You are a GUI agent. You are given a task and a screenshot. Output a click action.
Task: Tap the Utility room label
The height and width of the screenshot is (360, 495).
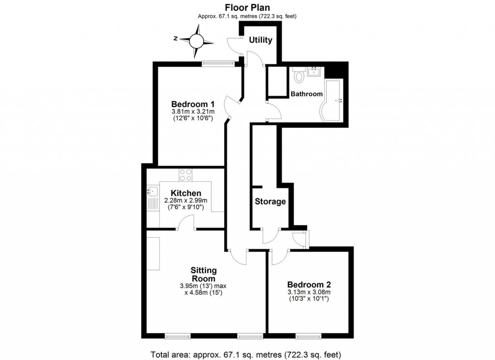point(261,40)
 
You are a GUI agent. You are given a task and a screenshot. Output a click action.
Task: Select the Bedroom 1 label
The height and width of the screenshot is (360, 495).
point(193,104)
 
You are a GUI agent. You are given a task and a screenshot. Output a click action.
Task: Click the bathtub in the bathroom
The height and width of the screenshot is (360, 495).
point(332,101)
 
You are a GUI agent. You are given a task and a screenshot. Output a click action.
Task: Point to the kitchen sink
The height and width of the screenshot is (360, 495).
point(152,193)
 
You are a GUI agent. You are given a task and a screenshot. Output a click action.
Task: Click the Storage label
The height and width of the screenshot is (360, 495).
point(270,202)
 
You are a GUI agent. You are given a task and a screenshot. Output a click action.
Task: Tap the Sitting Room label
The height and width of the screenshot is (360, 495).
point(204,274)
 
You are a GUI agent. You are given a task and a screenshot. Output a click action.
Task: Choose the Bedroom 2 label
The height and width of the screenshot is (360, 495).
point(309,285)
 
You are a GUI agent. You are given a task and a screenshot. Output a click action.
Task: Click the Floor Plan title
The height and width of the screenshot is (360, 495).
point(247,7)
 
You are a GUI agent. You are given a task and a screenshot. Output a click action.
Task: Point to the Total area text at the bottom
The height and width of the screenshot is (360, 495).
point(247,353)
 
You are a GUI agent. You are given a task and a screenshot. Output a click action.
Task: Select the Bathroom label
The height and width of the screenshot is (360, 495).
point(306,94)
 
